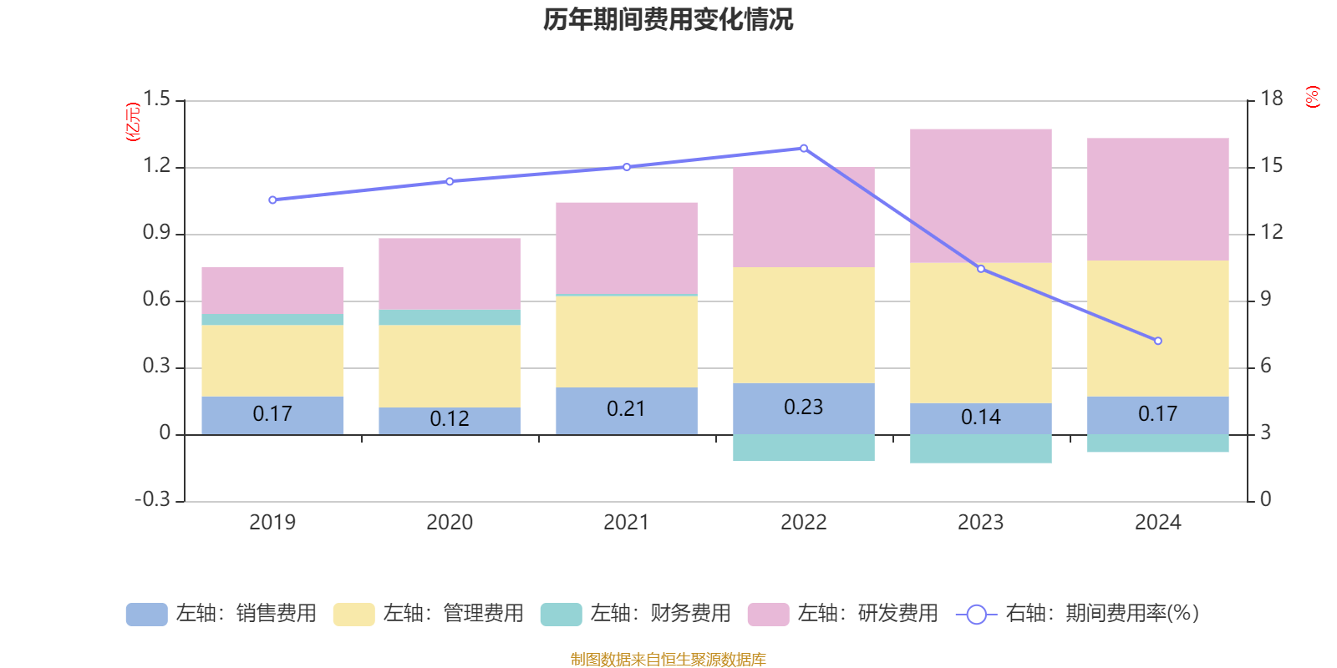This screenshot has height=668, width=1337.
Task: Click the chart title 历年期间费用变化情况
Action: point(668,19)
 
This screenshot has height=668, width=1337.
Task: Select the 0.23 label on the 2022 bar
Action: point(803,407)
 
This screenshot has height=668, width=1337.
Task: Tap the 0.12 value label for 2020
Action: point(450,418)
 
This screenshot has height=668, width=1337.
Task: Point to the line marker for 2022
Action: point(804,149)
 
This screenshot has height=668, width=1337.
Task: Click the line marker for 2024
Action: point(1157,341)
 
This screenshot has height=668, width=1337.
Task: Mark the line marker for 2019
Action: point(272,200)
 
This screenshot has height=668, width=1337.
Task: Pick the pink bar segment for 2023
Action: point(980,196)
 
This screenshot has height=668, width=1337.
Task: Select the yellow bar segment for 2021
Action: point(627,342)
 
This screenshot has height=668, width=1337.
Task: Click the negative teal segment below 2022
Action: point(803,448)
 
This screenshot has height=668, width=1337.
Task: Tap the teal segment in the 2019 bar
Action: point(272,320)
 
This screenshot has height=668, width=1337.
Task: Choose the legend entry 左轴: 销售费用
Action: point(221,614)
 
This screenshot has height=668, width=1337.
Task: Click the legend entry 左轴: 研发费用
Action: point(843,614)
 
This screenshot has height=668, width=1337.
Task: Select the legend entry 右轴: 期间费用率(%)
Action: point(1078,614)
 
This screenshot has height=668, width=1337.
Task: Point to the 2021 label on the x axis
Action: point(626,523)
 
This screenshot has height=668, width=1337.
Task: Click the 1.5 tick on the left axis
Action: point(156,99)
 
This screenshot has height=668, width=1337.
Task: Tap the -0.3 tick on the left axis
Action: point(152,499)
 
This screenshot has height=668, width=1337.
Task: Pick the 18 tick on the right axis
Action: point(1271,99)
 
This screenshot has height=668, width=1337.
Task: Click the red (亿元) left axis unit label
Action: point(133,122)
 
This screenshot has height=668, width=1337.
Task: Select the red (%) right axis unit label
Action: point(1313,97)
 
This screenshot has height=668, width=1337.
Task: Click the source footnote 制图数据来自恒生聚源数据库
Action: point(668,660)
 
